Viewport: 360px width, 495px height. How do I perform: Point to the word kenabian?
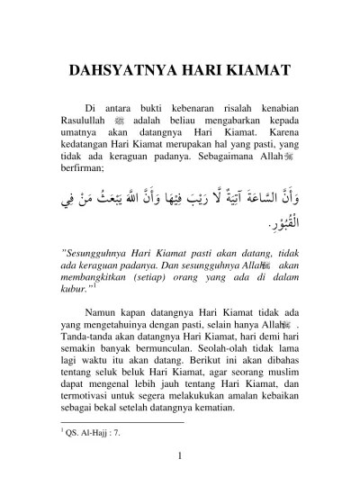tap(273, 108)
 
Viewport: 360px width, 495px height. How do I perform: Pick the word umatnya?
tap(82, 134)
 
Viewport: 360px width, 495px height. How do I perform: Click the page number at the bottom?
tap(180, 467)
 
